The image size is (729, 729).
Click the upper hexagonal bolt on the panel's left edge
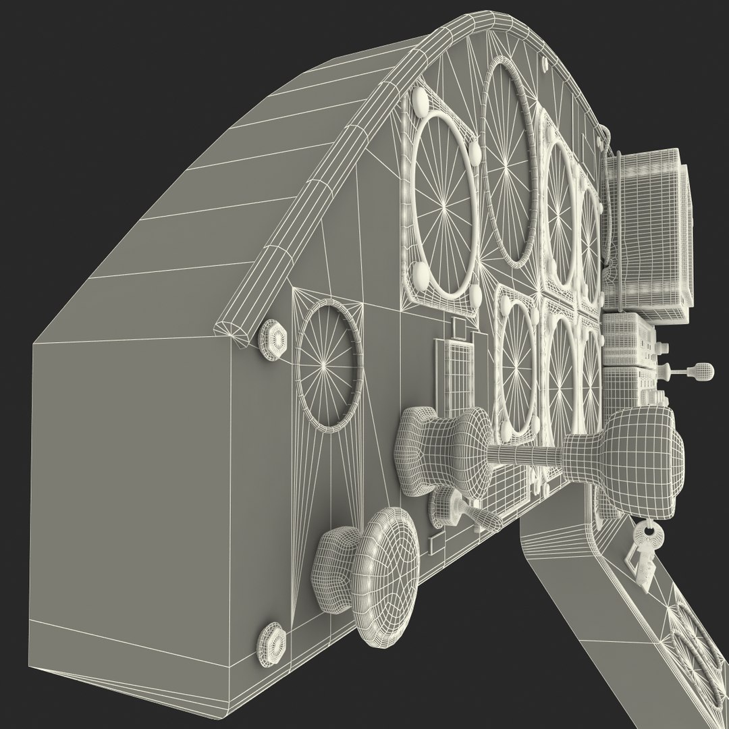tap(273, 342)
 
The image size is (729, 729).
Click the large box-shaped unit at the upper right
tap(648, 230)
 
